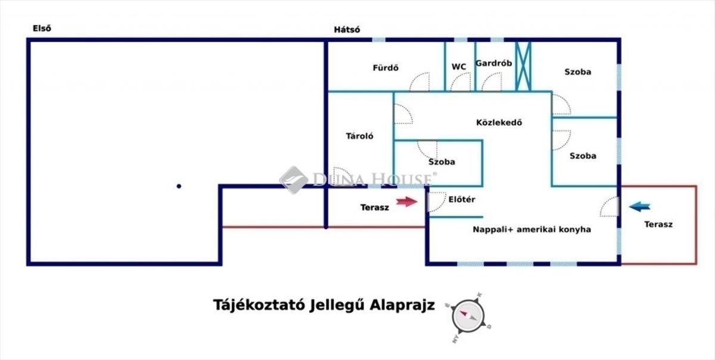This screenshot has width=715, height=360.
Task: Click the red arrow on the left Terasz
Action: click(x=407, y=202)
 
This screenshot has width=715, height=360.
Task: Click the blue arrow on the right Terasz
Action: click(x=640, y=207)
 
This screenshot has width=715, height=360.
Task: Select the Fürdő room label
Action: click(x=386, y=68)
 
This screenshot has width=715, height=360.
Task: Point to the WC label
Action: click(x=459, y=67)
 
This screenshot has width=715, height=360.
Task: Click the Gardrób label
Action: click(x=494, y=64)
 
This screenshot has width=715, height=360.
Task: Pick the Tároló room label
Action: click(x=360, y=136)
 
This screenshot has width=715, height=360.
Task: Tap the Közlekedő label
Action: click(x=499, y=123)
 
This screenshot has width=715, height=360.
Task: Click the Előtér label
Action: click(x=461, y=200)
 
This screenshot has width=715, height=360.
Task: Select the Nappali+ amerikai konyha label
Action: click(x=532, y=229)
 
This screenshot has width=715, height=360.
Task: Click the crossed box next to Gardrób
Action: click(x=523, y=66)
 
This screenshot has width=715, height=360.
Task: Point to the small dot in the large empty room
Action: click(x=179, y=186)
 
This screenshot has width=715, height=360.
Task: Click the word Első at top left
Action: click(x=42, y=28)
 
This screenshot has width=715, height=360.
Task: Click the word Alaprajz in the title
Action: click(x=403, y=305)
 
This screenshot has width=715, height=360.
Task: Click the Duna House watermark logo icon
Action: click(x=294, y=179)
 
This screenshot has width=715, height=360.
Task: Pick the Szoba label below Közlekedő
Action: click(x=442, y=162)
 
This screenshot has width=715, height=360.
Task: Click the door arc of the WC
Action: click(x=461, y=82)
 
